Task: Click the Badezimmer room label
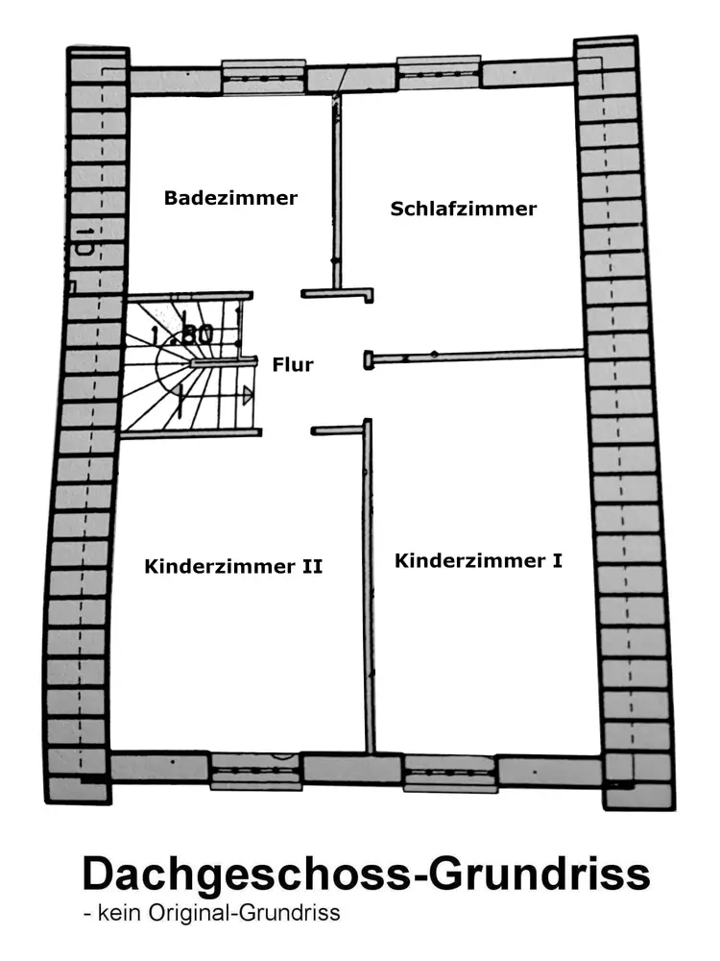(230, 198)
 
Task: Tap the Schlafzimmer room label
(464, 209)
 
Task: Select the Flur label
(293, 365)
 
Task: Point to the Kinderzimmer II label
(233, 566)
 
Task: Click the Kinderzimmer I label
(478, 559)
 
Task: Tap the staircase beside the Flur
(187, 365)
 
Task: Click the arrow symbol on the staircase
(248, 394)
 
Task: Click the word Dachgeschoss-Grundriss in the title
(366, 874)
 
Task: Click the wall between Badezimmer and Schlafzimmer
(337, 192)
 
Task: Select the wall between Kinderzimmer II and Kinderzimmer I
(368, 586)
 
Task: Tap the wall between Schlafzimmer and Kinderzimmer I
(480, 356)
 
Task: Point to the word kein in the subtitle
(115, 913)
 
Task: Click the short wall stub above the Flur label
(336, 293)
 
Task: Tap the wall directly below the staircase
(190, 433)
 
